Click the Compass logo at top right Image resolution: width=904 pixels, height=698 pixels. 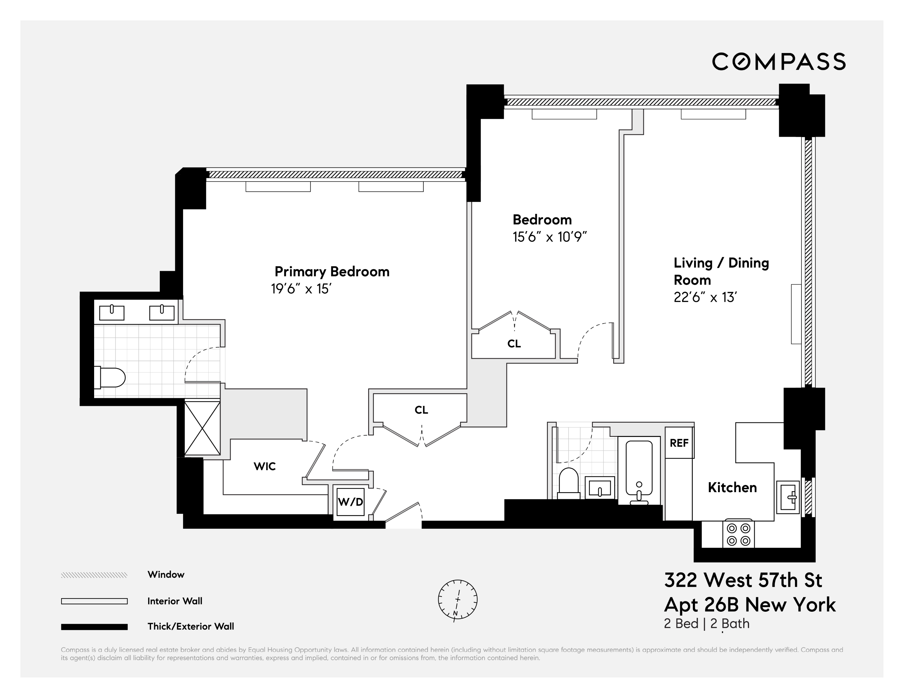pos(779,62)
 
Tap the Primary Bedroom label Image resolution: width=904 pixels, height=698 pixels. pos(332,272)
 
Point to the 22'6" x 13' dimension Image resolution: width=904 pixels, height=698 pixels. pos(705,297)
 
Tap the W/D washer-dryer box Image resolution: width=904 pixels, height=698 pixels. pos(350,502)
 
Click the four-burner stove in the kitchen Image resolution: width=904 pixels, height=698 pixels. pos(739,534)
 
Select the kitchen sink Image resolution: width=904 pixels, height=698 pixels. pos(788,497)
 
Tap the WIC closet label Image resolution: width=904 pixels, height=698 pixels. pos(265,466)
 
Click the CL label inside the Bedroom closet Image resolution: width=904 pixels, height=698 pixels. pos(514,344)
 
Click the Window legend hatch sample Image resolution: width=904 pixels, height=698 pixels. pos(94,575)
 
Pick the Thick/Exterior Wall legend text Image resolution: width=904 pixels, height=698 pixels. pos(191,627)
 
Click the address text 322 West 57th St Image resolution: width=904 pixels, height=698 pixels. pos(743,580)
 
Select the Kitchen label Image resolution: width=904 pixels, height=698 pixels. pos(732,488)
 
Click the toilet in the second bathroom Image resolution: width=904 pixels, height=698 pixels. pos(568,482)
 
